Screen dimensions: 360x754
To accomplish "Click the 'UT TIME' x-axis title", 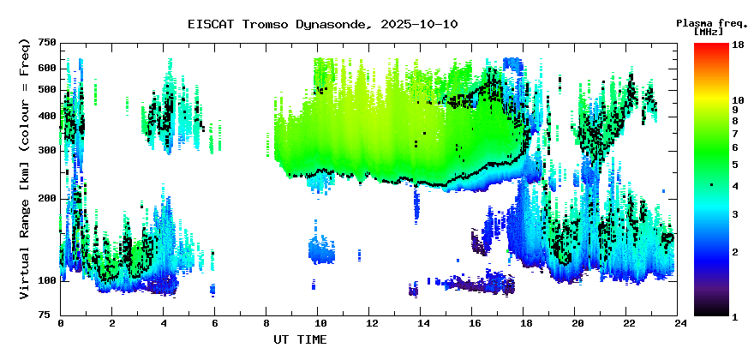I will click(x=300, y=340).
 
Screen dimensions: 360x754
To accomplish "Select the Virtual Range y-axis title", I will click(x=25, y=169).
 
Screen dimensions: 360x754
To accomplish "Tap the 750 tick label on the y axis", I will click(x=46, y=43).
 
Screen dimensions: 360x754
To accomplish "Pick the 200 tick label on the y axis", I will click(x=46, y=198).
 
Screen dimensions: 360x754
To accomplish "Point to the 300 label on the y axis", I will click(x=46, y=150).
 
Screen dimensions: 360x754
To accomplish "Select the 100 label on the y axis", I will click(x=46, y=280).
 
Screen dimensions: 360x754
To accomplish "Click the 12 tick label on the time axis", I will click(x=371, y=323).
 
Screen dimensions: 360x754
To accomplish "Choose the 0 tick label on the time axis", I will click(x=61, y=323).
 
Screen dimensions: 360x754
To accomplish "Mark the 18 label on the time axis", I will click(x=525, y=323).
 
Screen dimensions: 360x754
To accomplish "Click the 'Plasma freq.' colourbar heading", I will click(x=712, y=22).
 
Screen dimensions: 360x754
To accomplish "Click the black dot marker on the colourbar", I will click(x=711, y=185).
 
